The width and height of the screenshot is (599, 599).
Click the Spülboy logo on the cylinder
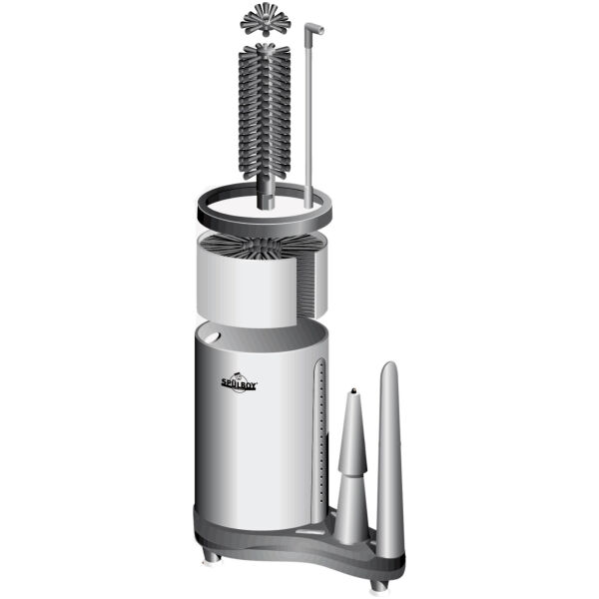pos(240,382)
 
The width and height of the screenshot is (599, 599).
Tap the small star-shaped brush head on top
pos(266,20)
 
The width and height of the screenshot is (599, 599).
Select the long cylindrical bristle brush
pos(265,126)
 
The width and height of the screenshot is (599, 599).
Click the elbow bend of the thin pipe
pos(314,29)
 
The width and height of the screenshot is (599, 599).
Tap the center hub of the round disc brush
pos(264,245)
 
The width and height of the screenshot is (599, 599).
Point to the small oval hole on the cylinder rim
pos(212,337)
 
